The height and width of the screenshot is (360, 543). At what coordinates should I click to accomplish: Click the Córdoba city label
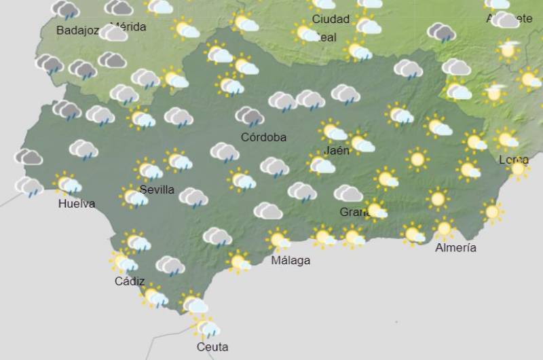pyautogui.click(x=263, y=137)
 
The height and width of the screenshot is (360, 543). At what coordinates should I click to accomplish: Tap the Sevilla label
pyautogui.click(x=157, y=190)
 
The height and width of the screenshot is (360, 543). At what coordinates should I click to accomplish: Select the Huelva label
pyautogui.click(x=77, y=204)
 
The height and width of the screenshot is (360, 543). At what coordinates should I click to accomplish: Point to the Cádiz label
pyautogui.click(x=130, y=281)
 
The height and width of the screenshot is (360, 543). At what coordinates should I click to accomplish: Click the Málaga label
pyautogui.click(x=291, y=260)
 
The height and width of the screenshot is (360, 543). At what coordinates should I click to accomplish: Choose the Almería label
pyautogui.click(x=455, y=248)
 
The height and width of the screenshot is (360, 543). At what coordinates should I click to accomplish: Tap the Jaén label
pyautogui.click(x=337, y=150)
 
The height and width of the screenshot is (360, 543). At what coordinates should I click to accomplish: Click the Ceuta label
pyautogui.click(x=212, y=347)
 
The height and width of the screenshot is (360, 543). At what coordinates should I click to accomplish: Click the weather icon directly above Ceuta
pyautogui.click(x=206, y=327)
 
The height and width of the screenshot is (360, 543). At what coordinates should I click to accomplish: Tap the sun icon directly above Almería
pyautogui.click(x=444, y=228)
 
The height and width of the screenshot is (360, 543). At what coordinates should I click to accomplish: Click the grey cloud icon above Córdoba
pyautogui.click(x=250, y=117)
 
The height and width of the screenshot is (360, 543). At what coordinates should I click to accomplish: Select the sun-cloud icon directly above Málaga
pyautogui.click(x=278, y=239)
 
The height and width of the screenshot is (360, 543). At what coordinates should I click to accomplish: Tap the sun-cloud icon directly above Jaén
pyautogui.click(x=333, y=130)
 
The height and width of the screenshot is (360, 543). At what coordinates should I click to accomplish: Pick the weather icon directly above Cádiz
pyautogui.click(x=124, y=262)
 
